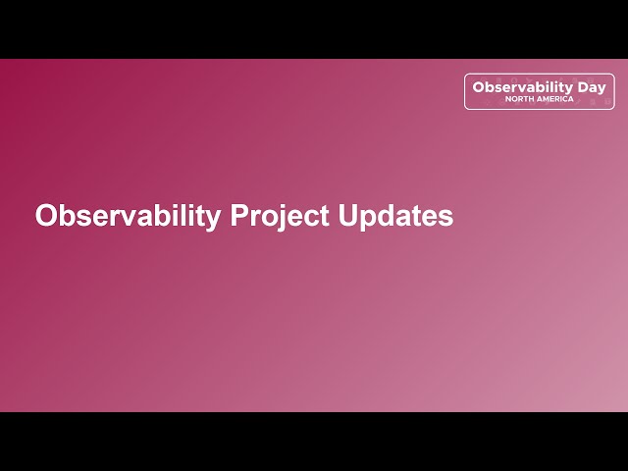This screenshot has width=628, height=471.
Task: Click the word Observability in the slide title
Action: click(128, 216)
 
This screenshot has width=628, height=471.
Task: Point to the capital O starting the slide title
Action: click(45, 216)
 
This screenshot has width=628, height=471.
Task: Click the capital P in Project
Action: click(238, 216)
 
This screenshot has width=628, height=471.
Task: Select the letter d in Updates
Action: click(387, 216)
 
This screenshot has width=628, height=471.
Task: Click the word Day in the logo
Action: click(592, 87)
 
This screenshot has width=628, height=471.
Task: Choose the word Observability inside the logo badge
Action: click(523, 87)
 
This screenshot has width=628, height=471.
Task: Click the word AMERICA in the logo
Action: click(554, 99)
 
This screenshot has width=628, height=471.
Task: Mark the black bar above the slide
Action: click(314, 28)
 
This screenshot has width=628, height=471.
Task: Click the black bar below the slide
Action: click(314, 442)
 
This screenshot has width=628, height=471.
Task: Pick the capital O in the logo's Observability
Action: click(478, 87)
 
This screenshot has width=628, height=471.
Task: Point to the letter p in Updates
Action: click(368, 219)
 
